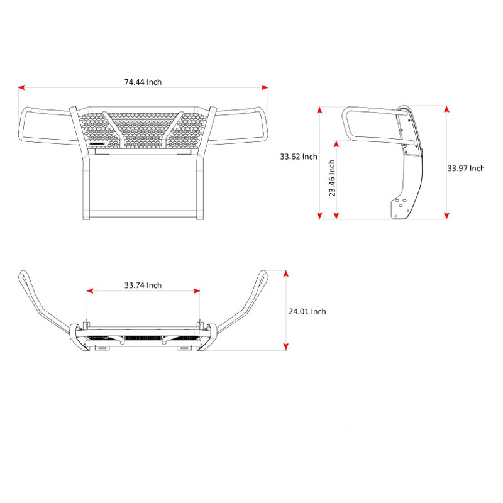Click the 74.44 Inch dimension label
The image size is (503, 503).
pyautogui.click(x=143, y=82)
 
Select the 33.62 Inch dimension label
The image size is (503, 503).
pyautogui.click(x=299, y=157)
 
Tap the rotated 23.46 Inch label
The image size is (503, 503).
pyautogui.click(x=332, y=178)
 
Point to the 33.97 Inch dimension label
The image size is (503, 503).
pyautogui.click(x=466, y=168)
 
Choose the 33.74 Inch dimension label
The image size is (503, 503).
pyautogui.click(x=143, y=285)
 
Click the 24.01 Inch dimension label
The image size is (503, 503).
pyautogui.click(x=307, y=311)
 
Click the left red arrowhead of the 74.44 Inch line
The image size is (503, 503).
pyautogui.click(x=21, y=87)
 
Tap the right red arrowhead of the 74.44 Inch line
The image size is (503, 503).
pyautogui.click(x=265, y=87)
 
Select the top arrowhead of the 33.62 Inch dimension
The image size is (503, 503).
pyautogui.click(x=319, y=110)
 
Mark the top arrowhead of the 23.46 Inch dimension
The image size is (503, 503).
pyautogui.click(x=336, y=144)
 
